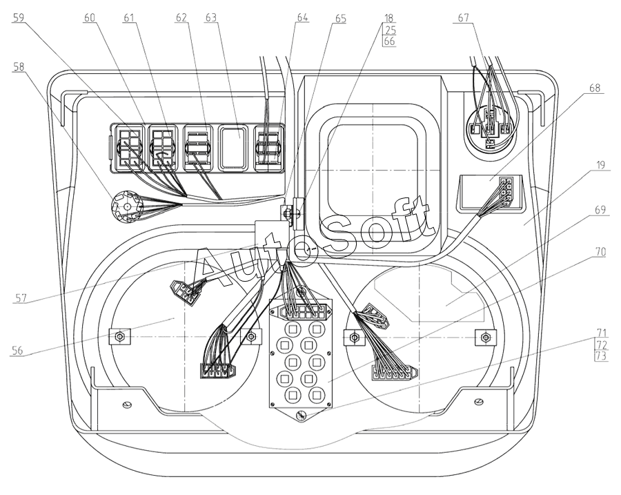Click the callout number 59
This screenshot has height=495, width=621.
coord(18,18)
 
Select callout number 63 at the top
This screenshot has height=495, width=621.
coord(211,18)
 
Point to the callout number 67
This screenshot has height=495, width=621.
coord(464,18)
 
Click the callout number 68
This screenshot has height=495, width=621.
coord(595,88)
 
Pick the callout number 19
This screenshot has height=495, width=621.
coord(601,164)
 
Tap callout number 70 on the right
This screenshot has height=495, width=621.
coord(600,252)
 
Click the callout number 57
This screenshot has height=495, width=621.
coord(21,298)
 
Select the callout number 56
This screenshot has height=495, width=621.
coord(17,351)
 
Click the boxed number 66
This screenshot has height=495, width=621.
coord(390,41)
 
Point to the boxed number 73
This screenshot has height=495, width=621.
coord(601,356)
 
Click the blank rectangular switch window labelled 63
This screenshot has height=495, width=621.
coord(234,148)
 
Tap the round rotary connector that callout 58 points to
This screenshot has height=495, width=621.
coord(127,207)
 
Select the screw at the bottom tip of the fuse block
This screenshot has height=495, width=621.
coord(301,416)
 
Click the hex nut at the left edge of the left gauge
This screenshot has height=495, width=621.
coord(119,337)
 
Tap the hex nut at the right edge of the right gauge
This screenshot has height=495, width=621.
coord(485,338)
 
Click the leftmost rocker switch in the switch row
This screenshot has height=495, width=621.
coord(130,148)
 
